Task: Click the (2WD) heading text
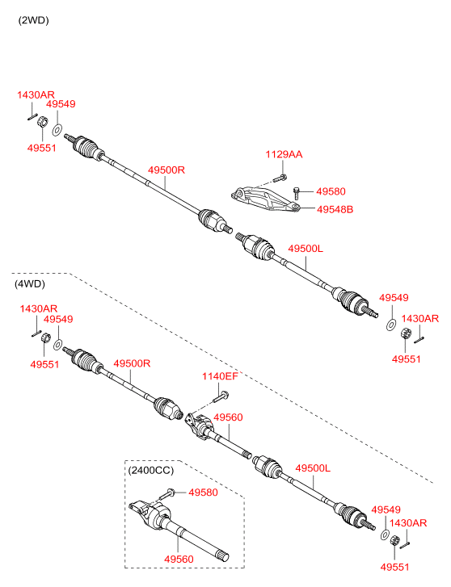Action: [x=33, y=20]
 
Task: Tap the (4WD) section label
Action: [x=30, y=283]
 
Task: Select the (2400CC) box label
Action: [x=151, y=470]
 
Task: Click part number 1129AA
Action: [x=284, y=154]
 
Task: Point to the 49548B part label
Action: [x=335, y=209]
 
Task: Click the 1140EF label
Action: [x=220, y=376]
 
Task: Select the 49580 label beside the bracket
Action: [x=331, y=191]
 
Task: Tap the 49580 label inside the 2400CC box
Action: [x=203, y=493]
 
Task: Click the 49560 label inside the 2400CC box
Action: [x=179, y=559]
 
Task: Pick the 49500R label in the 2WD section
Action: [x=166, y=170]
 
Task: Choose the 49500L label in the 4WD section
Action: [x=313, y=468]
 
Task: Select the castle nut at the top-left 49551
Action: [x=43, y=122]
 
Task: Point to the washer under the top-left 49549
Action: [x=57, y=131]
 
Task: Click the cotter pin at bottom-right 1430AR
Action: [x=405, y=546]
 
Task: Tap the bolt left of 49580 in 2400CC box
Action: [x=166, y=494]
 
